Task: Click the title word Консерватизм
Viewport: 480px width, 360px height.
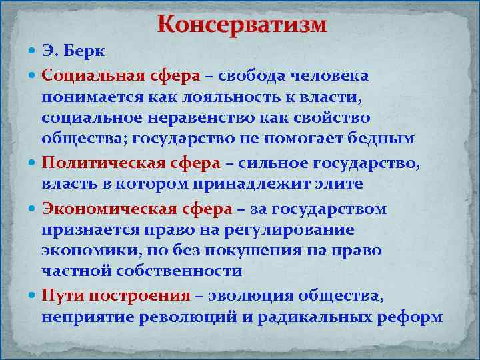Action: point(242,25)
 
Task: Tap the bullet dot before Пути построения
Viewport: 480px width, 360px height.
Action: point(34,295)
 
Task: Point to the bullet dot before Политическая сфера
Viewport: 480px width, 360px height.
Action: point(34,163)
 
